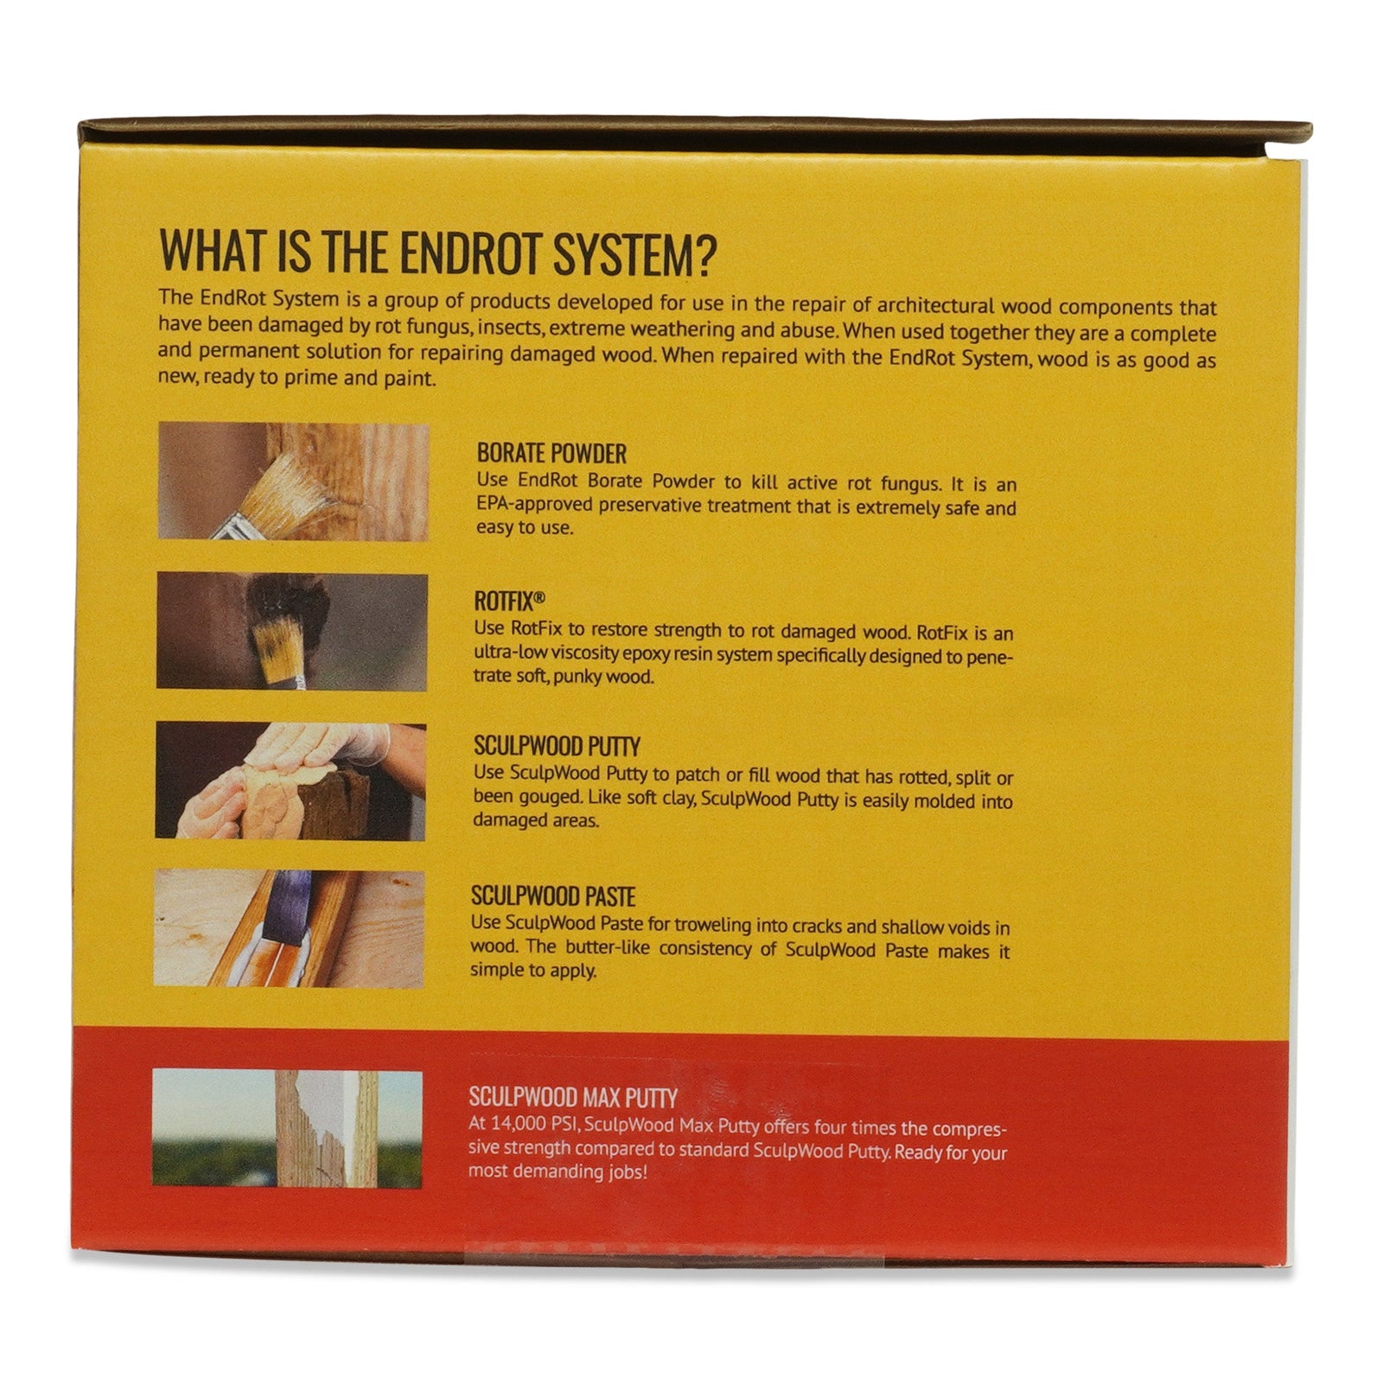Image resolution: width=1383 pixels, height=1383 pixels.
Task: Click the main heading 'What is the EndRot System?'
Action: click(x=439, y=252)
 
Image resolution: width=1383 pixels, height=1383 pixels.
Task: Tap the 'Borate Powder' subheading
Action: click(x=551, y=454)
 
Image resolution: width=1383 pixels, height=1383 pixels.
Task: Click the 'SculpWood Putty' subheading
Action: click(x=557, y=747)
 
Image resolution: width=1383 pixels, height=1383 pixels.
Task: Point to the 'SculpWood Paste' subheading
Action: click(x=553, y=896)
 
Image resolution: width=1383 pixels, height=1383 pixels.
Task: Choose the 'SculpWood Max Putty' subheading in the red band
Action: click(x=572, y=1099)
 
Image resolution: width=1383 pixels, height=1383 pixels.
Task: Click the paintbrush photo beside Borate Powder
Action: click(x=293, y=482)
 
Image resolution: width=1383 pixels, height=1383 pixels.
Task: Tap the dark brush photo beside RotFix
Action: click(x=292, y=632)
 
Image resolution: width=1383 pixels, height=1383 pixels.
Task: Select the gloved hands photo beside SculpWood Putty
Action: click(x=291, y=781)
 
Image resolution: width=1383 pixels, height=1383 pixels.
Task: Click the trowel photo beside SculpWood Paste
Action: click(x=290, y=929)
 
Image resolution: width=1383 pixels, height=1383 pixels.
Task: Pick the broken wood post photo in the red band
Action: click(x=288, y=1128)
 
